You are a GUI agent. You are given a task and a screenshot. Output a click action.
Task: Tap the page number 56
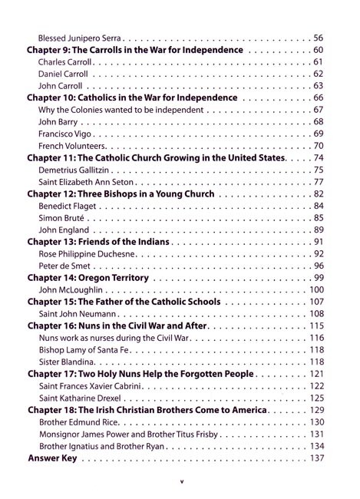tap(318, 38)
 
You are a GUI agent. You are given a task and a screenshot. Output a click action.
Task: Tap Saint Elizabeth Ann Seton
tap(88, 182)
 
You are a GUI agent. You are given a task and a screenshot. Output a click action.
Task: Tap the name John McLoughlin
tap(71, 290)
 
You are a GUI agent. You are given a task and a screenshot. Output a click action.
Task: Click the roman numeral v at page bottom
tap(180, 482)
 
